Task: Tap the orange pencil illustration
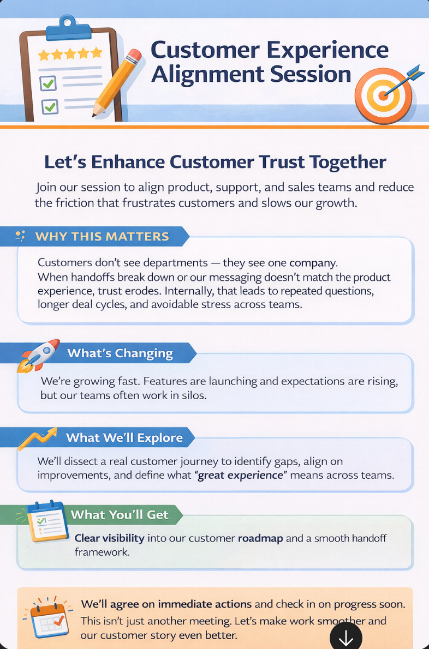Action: pyautogui.click(x=116, y=82)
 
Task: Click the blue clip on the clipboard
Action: pyautogui.click(x=68, y=28)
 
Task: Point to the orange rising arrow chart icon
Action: pyautogui.click(x=37, y=438)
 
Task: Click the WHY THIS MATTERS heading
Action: pyautogui.click(x=102, y=237)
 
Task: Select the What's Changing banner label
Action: pyautogui.click(x=120, y=353)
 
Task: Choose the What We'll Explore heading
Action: pyautogui.click(x=124, y=437)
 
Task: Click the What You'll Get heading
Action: pyautogui.click(x=120, y=514)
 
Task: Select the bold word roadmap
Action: pyautogui.click(x=260, y=538)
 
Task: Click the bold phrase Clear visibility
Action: pyautogui.click(x=109, y=538)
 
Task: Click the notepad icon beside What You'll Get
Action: pyautogui.click(x=47, y=521)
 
